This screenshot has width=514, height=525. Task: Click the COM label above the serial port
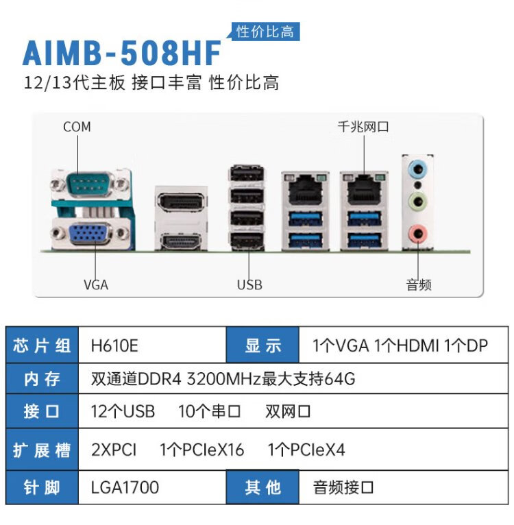click(x=77, y=127)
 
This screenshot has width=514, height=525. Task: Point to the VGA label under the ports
click(x=96, y=284)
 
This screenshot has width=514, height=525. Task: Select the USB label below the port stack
click(x=249, y=284)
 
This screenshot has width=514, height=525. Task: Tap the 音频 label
click(x=419, y=284)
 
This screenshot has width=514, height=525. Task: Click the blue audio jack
click(x=417, y=169)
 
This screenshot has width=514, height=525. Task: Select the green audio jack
click(x=417, y=202)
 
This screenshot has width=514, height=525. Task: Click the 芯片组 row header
click(x=42, y=345)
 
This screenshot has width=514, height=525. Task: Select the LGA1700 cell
click(x=125, y=487)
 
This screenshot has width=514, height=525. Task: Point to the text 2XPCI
click(x=114, y=450)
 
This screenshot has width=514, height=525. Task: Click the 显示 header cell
click(x=263, y=345)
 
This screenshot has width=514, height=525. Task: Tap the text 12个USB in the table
click(x=123, y=412)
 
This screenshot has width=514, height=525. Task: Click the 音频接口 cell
click(x=344, y=487)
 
